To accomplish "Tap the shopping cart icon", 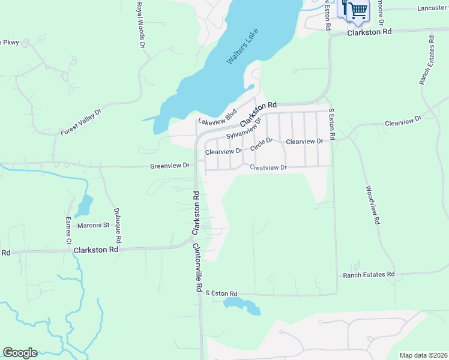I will (x=357, y=10).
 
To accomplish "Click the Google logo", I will (x=20, y=353).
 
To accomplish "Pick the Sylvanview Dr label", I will (x=245, y=128).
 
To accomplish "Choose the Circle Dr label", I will (x=262, y=144).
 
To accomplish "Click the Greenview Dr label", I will (x=170, y=165).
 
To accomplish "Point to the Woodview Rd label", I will (x=373, y=205).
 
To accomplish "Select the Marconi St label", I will (x=92, y=226).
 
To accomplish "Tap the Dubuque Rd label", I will (x=118, y=225).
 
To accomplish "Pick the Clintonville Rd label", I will (x=196, y=267).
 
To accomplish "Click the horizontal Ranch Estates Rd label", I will (x=369, y=275).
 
